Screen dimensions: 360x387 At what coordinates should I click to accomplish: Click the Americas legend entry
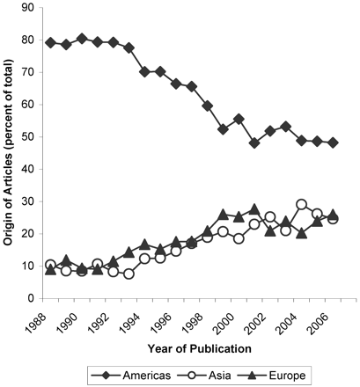click(x=130, y=376)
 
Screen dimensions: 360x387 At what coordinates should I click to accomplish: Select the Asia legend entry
click(x=205, y=376)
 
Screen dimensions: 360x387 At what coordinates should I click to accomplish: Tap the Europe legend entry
click(x=272, y=376)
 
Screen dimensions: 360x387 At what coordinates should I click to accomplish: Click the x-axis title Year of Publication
click(x=200, y=349)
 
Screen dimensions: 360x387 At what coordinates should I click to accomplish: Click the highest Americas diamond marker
click(x=82, y=39)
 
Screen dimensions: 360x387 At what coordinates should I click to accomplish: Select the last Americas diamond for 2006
click(x=333, y=142)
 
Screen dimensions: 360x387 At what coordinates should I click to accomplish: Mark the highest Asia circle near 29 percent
click(x=302, y=204)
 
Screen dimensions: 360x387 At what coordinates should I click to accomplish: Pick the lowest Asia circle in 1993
click(x=129, y=274)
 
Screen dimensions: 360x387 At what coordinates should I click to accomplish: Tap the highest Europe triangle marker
click(x=254, y=209)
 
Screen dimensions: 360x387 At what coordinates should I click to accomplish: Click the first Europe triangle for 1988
click(x=50, y=270)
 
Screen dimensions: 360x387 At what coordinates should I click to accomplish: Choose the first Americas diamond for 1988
click(x=50, y=43)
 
